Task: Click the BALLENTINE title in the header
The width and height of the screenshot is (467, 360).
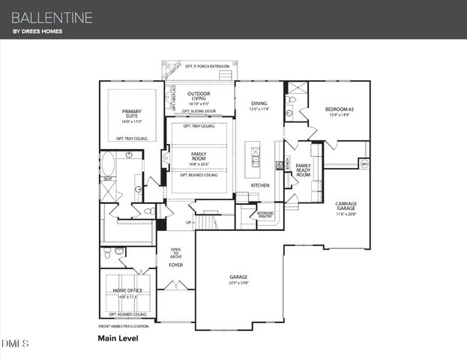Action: pos(52,16)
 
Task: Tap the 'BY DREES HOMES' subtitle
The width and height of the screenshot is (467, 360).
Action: pos(37,31)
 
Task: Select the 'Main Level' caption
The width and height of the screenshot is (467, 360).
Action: pos(118,338)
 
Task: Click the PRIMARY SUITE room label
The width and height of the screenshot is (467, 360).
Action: pos(131,113)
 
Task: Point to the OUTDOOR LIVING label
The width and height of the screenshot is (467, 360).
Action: pos(199,96)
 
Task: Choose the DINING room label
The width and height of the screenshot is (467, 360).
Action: pos(259,103)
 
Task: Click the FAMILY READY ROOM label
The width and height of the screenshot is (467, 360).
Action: pos(304,169)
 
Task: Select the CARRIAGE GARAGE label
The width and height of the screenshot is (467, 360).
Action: pos(346,205)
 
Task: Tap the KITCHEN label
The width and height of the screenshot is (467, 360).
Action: pos(260,184)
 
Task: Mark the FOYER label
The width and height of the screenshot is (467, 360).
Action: pos(175,265)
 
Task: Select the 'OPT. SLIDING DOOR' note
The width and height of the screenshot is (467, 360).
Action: pos(199,111)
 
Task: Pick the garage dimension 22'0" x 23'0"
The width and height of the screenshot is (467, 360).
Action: pos(238,283)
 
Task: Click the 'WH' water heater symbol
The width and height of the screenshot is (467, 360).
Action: pos(364,163)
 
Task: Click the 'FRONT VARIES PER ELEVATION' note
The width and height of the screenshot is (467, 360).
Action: pos(123,326)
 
